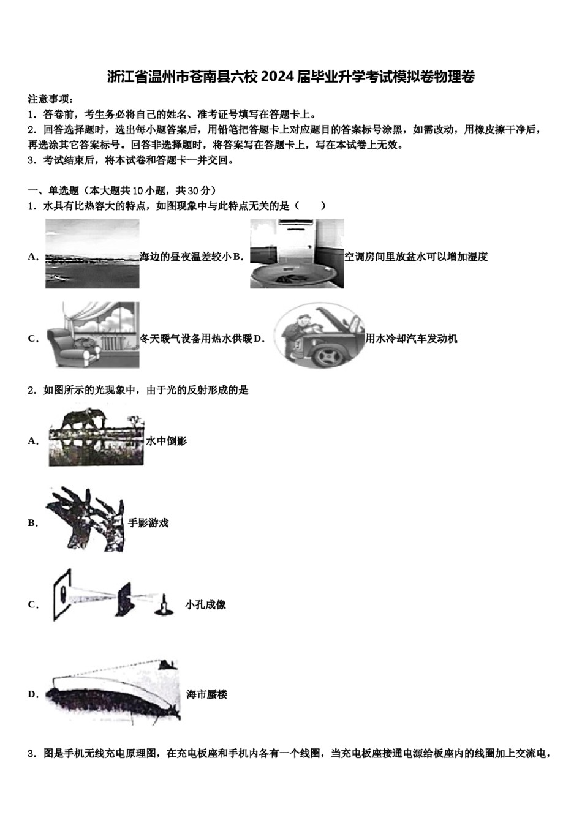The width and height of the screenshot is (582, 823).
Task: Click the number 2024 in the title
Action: (277, 77)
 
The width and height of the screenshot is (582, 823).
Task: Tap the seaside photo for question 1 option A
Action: (93, 254)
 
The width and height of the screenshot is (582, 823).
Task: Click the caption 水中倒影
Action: (166, 441)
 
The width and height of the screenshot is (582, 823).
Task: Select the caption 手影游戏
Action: (148, 523)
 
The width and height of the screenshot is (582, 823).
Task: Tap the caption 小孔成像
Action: (205, 604)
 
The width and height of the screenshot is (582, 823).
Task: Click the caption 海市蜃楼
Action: (206, 694)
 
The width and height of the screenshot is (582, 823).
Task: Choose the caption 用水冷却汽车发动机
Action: (411, 339)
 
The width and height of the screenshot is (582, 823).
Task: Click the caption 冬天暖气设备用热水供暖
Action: (196, 339)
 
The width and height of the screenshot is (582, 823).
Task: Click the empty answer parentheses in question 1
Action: (309, 206)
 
